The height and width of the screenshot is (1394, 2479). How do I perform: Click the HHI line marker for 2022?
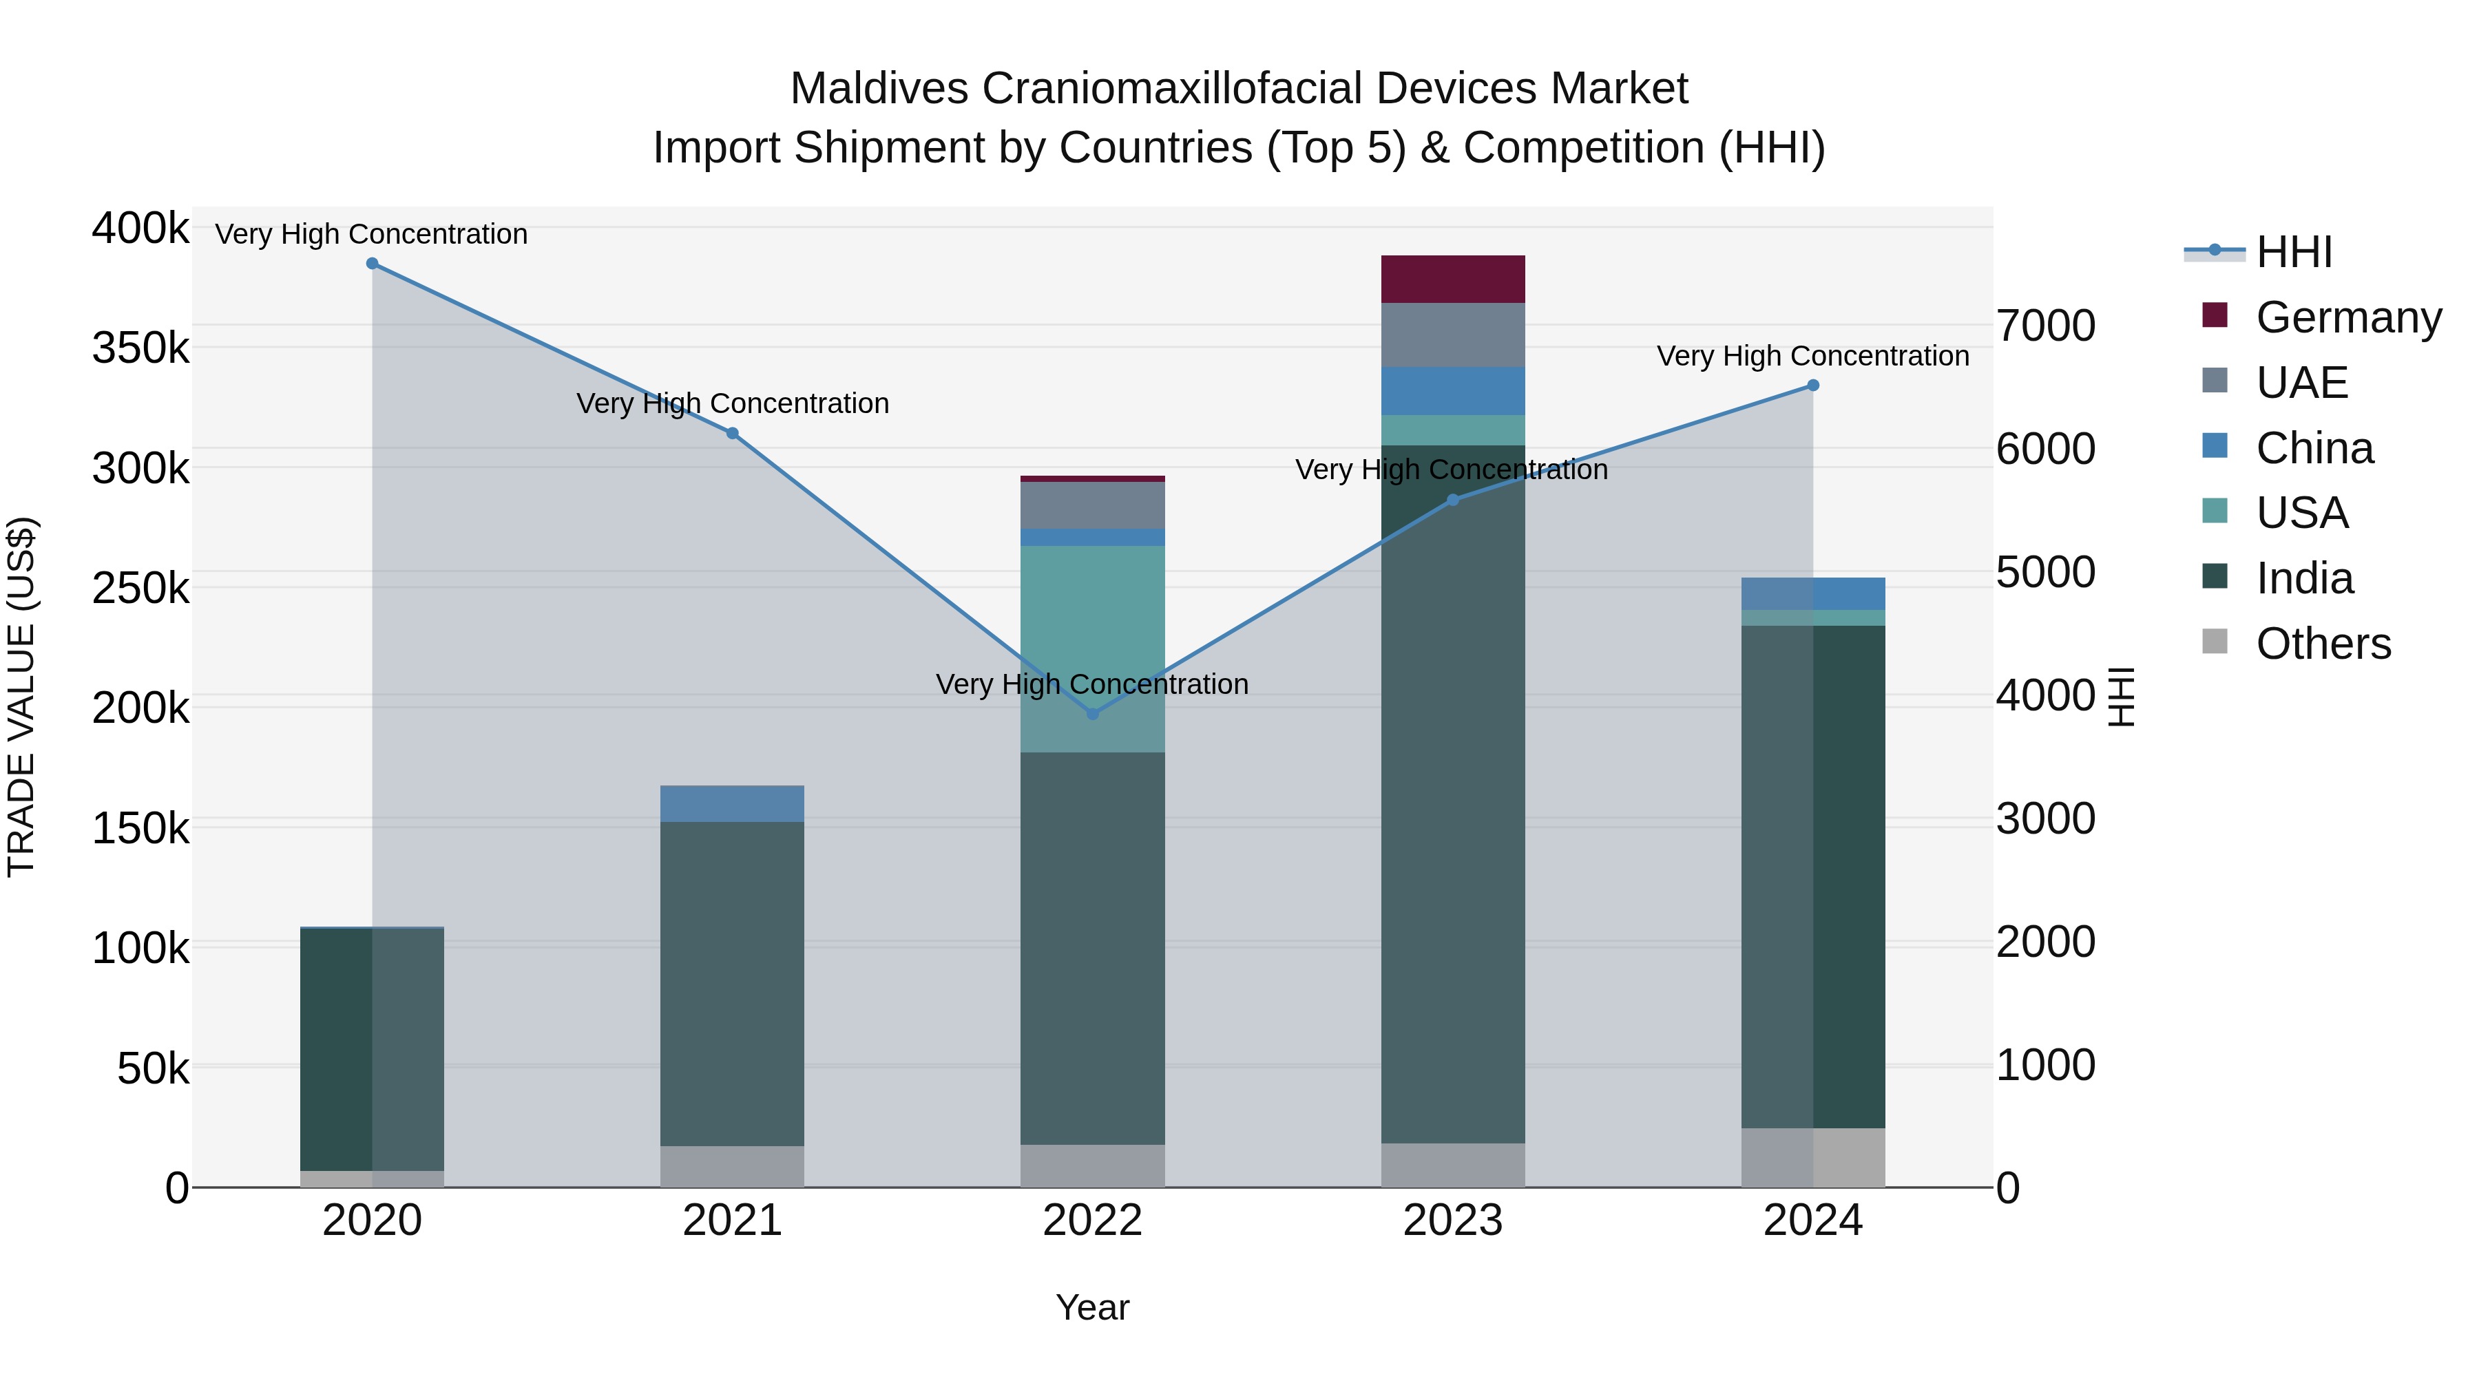tap(1092, 714)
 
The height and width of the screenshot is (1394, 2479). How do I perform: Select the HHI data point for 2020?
tap(373, 264)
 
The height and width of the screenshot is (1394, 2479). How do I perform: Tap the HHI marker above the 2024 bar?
tap(1813, 386)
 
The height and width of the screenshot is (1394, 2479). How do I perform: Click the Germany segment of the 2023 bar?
tap(1453, 279)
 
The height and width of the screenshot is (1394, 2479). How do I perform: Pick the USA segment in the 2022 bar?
tap(1092, 649)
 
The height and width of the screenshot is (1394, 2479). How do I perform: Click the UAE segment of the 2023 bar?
tap(1453, 335)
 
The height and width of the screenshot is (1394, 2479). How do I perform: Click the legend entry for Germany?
tap(2347, 317)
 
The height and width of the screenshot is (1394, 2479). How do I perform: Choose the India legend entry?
tap(2304, 578)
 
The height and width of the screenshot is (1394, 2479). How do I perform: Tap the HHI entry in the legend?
tap(2293, 252)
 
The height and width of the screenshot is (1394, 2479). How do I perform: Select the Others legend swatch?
tap(2215, 642)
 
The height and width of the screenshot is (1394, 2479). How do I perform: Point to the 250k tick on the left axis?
tap(140, 588)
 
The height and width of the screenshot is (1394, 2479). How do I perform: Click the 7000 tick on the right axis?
tap(2045, 326)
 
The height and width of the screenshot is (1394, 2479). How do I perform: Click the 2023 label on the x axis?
tap(1452, 1221)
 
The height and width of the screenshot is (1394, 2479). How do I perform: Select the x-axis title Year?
tap(1092, 1307)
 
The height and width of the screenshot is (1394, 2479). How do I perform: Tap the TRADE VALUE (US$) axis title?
tap(21, 697)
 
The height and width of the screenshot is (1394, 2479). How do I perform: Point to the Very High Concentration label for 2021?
tap(733, 403)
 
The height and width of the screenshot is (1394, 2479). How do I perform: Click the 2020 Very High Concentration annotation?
tap(371, 234)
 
